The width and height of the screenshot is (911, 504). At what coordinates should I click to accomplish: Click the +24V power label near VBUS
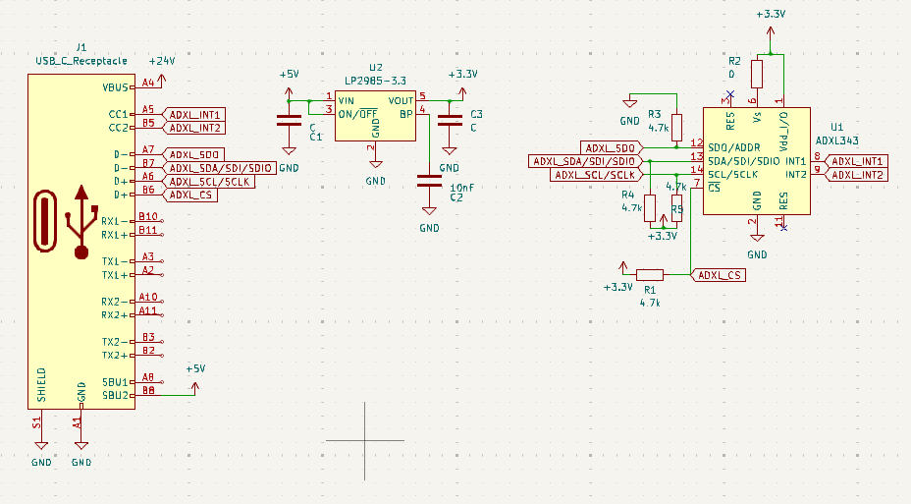[x=162, y=61]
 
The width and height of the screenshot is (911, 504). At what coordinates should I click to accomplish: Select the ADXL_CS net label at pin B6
[x=191, y=195]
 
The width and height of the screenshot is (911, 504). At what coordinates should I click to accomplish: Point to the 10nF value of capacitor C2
[x=462, y=187]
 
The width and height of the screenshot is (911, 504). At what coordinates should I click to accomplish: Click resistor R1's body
[x=649, y=275]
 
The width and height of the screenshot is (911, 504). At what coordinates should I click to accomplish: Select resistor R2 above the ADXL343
[x=756, y=74]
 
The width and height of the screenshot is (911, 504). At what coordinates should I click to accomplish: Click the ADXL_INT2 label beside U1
[x=858, y=175]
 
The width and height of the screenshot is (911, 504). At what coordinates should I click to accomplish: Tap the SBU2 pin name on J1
[x=116, y=395]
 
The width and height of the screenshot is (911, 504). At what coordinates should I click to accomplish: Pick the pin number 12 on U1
[x=696, y=143]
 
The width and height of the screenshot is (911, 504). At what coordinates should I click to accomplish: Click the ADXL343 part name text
[x=837, y=141]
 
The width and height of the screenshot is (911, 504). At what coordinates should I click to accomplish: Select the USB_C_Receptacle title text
[x=81, y=61]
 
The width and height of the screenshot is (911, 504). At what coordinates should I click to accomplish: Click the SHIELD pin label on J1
[x=41, y=386]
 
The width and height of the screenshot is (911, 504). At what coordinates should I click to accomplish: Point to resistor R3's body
[x=676, y=127]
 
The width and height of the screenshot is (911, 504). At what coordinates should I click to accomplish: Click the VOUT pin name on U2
[x=401, y=101]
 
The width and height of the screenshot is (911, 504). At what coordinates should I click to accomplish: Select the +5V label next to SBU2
[x=195, y=368]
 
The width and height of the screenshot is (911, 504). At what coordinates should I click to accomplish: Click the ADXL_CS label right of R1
[x=720, y=275]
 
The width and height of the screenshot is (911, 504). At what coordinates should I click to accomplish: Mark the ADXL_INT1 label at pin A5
[x=197, y=114]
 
